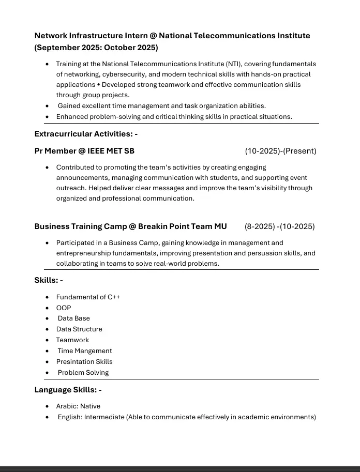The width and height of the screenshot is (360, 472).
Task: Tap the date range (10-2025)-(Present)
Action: click(280, 151)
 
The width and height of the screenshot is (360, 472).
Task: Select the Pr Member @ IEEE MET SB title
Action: click(84, 151)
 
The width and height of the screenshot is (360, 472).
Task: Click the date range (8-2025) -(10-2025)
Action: click(279, 226)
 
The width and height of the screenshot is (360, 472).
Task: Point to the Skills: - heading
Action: click(49, 280)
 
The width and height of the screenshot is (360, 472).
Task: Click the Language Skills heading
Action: click(68, 390)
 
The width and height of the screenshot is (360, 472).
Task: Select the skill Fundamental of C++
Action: click(88, 297)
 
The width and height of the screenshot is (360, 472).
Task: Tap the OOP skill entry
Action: click(64, 308)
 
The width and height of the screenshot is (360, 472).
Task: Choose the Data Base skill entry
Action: click(73, 318)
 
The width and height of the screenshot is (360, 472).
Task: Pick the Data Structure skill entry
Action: click(79, 329)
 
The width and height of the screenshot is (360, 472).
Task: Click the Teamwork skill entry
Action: click(72, 340)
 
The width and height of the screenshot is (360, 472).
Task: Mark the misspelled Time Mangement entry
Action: click(84, 351)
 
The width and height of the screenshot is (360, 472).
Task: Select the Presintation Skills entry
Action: click(84, 362)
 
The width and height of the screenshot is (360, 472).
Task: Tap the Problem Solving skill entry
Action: click(83, 373)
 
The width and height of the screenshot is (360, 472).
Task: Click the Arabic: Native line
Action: click(78, 406)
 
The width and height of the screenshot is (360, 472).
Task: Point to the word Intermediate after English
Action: click(104, 417)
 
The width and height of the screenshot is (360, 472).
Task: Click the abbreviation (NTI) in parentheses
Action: click(233, 64)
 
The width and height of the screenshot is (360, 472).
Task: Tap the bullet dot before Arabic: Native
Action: click(48, 406)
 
